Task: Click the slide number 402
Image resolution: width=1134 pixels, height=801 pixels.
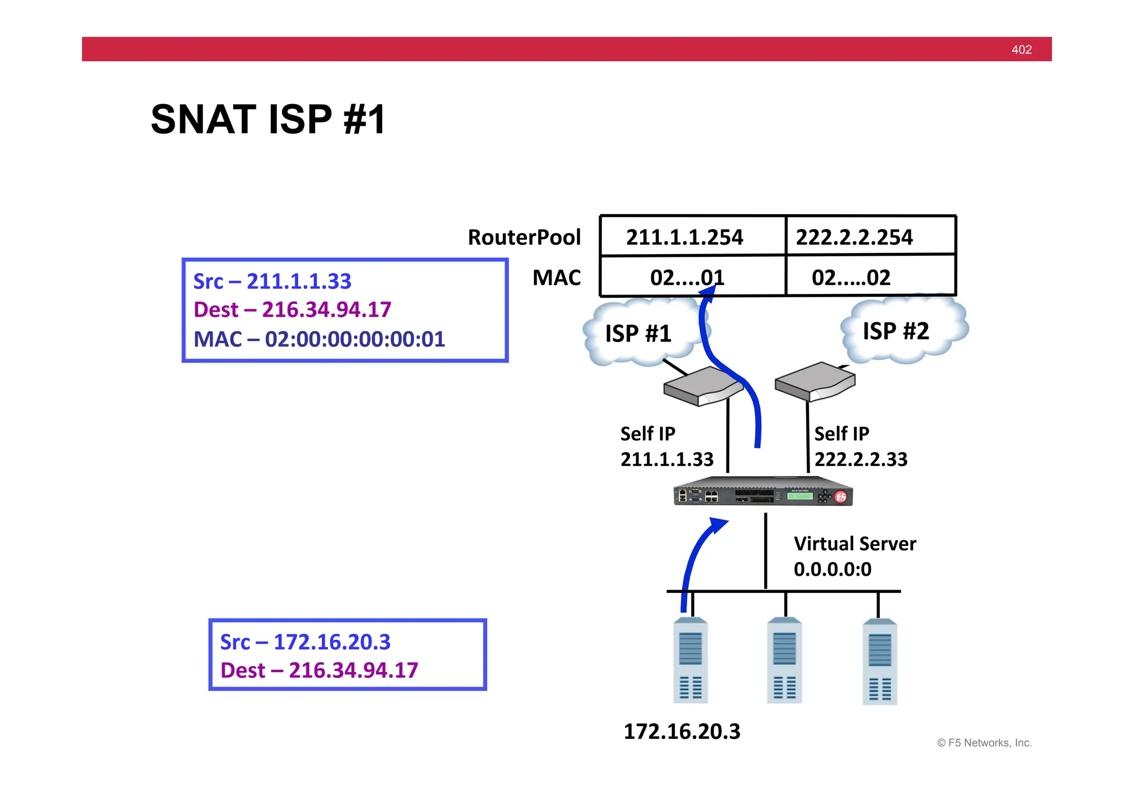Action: click(1021, 50)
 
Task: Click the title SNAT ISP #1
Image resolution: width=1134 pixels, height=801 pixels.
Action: click(268, 120)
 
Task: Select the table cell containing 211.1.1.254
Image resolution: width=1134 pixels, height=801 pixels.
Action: click(685, 237)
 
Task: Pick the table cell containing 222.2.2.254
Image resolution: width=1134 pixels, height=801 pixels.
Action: click(854, 237)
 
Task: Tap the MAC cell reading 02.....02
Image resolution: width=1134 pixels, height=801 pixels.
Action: click(851, 277)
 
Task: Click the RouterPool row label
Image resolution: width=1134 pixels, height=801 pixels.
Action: click(524, 237)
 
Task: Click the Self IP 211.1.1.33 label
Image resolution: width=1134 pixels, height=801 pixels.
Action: click(666, 446)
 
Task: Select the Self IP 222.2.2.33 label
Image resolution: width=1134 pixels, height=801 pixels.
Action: click(860, 446)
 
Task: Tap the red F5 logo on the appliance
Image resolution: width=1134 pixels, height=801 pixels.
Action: click(841, 497)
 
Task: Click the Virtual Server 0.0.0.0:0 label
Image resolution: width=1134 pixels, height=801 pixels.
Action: click(854, 556)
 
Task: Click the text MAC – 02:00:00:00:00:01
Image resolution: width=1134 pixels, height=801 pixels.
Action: click(319, 339)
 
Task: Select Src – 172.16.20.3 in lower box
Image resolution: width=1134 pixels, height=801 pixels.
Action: click(305, 642)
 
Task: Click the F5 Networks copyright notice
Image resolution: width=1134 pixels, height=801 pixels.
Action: click(984, 743)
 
